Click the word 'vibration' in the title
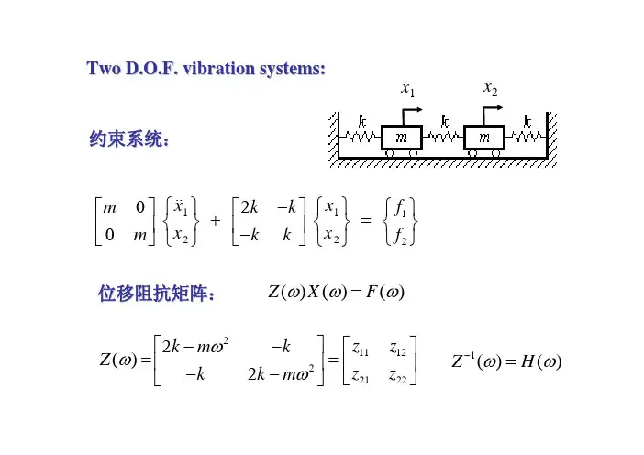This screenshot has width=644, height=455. click(218, 68)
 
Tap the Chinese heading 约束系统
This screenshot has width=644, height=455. click(128, 139)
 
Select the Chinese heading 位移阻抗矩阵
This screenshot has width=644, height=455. click(156, 294)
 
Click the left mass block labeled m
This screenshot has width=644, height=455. click(401, 138)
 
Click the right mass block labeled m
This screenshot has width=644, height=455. click(484, 138)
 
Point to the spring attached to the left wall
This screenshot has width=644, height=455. click(361, 137)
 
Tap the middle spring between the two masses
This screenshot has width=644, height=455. click(443, 137)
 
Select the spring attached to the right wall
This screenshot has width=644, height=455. click(527, 137)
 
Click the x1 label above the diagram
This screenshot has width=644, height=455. click(408, 89)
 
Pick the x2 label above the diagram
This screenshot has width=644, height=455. click(491, 89)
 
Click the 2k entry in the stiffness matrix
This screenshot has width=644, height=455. click(250, 207)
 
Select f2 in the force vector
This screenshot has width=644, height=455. click(400, 237)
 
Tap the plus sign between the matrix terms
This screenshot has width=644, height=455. click(216, 221)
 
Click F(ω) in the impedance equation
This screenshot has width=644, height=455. click(385, 292)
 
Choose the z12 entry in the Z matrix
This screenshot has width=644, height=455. click(397, 350)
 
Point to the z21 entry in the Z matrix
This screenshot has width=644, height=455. click(361, 376)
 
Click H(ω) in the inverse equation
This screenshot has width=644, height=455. click(541, 361)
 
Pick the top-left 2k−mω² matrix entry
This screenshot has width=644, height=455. click(195, 346)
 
